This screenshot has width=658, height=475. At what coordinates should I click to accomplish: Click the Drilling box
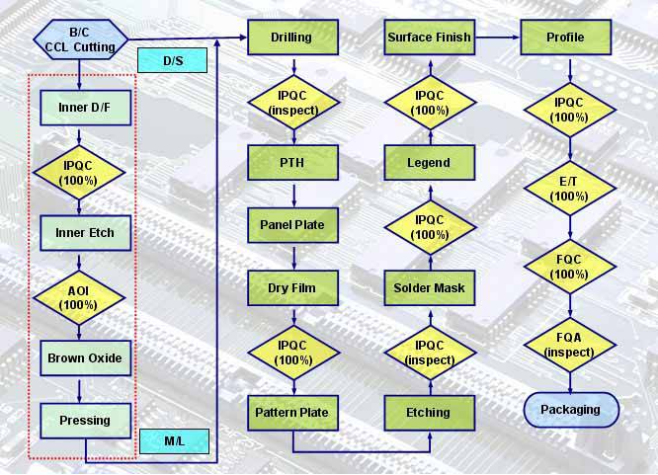[291, 38]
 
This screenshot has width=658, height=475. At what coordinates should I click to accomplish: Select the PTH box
[291, 162]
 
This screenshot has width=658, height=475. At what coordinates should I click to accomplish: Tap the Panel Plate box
[291, 225]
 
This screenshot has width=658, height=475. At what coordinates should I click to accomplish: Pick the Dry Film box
[291, 288]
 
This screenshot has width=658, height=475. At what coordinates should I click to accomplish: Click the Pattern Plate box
[291, 412]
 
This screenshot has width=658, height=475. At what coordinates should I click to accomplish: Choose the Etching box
[428, 412]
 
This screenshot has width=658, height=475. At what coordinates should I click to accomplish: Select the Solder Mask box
[428, 288]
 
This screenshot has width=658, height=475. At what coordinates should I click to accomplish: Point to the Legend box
[428, 162]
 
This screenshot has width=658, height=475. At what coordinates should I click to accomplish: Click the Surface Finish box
[428, 38]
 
